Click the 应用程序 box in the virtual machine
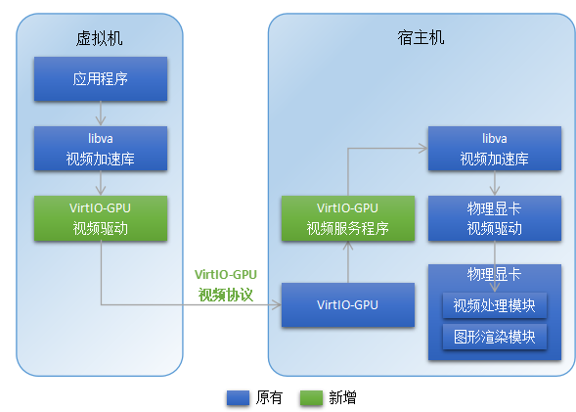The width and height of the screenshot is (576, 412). (x=100, y=79)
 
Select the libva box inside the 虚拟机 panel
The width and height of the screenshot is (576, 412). (x=100, y=149)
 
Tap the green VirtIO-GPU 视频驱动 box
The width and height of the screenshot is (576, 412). (x=100, y=218)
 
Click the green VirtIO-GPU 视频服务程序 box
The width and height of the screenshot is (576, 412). (x=347, y=218)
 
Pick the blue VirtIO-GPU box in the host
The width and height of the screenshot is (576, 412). (x=347, y=304)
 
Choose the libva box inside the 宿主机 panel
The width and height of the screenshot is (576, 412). (x=494, y=149)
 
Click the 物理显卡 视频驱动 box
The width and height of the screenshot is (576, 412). (x=494, y=218)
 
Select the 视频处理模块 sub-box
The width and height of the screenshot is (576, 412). (x=494, y=304)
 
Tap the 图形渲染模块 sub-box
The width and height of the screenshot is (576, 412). (x=494, y=337)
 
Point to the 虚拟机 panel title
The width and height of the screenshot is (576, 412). (x=100, y=38)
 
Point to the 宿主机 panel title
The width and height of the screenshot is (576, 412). (x=421, y=38)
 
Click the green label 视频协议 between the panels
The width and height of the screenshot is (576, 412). (x=226, y=294)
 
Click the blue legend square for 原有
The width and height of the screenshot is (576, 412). (x=238, y=397)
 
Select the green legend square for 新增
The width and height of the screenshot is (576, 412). (x=311, y=397)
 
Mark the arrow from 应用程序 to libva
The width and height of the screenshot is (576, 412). (x=100, y=114)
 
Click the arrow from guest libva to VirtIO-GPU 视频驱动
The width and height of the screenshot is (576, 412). (x=100, y=183)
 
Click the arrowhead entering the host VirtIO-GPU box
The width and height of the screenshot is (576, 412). (x=277, y=304)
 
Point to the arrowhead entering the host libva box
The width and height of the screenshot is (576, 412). (x=422, y=149)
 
